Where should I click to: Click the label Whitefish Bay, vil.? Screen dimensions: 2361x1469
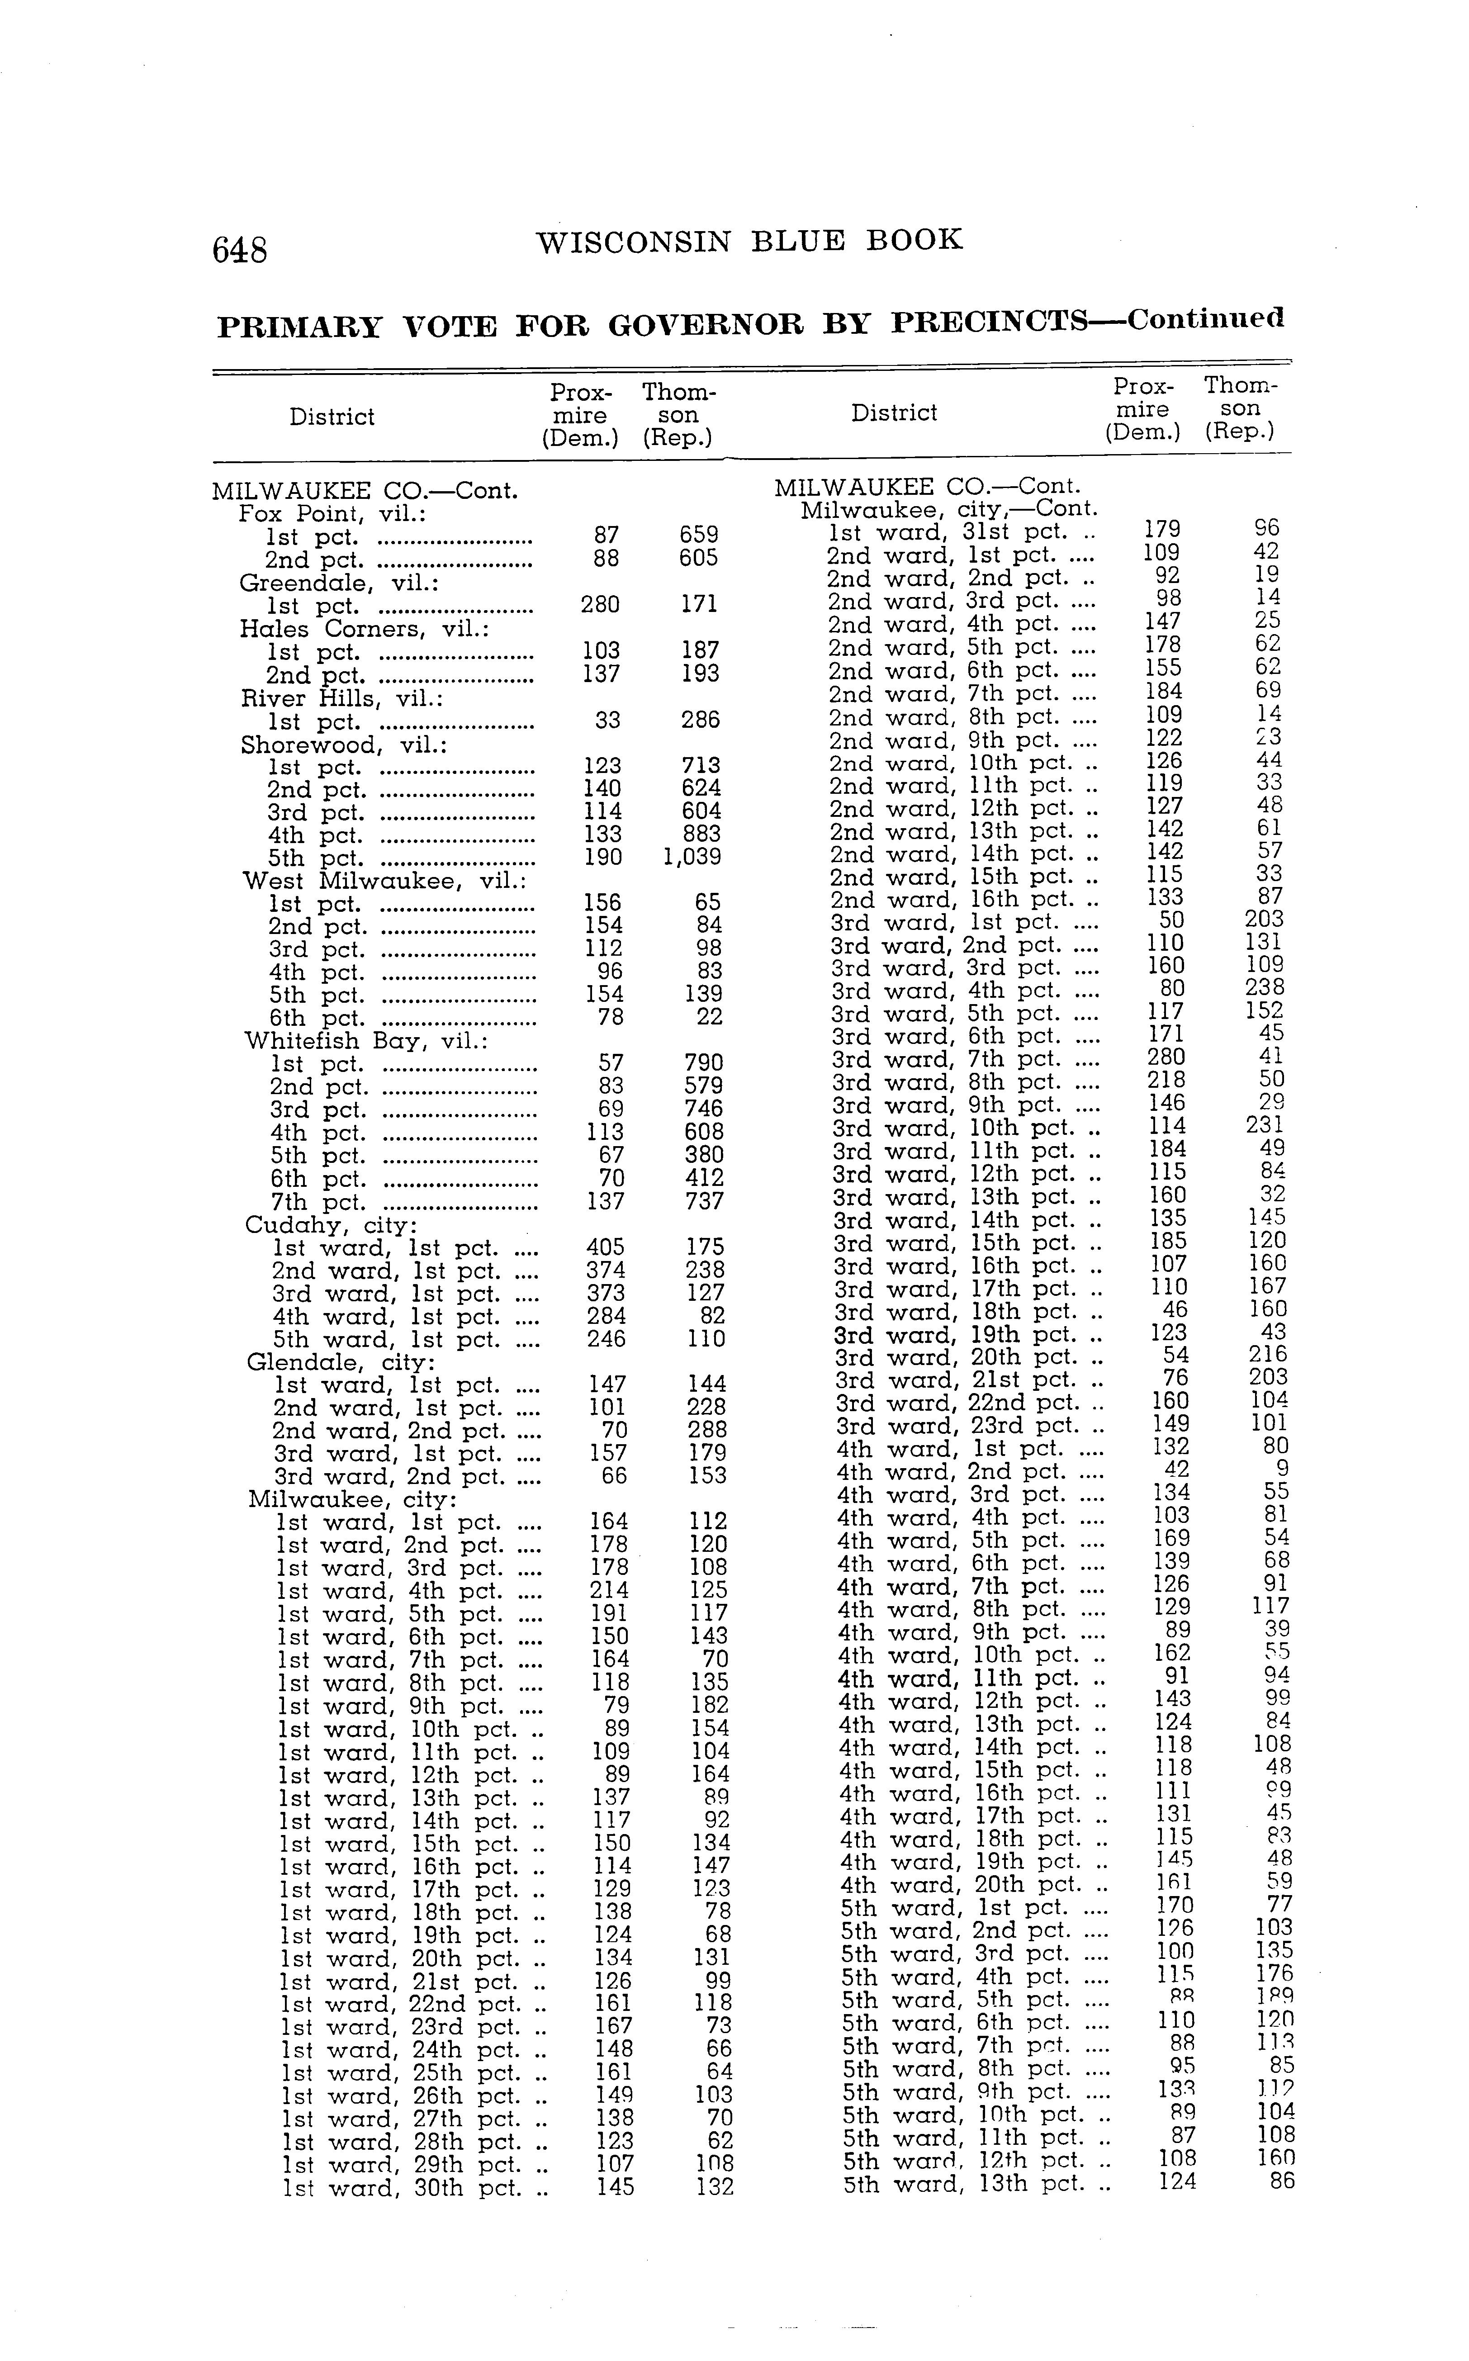click(x=365, y=1041)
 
